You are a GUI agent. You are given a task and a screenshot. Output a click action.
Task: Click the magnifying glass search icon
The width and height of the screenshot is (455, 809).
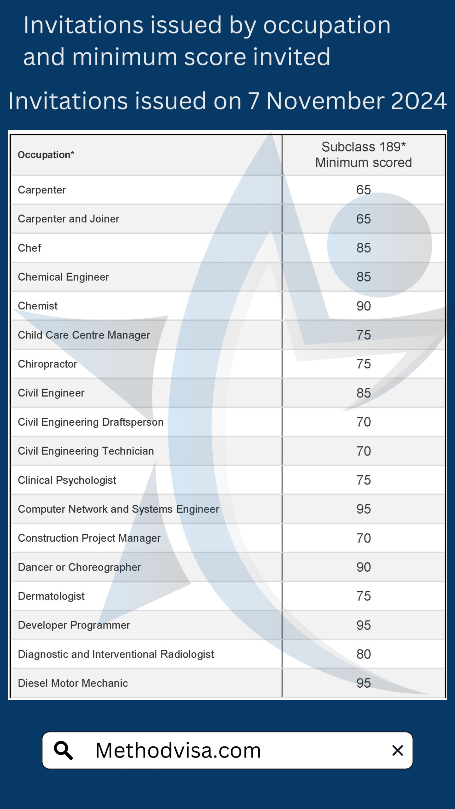(x=64, y=750)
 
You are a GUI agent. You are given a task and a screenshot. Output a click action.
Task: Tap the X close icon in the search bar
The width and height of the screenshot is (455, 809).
(x=397, y=750)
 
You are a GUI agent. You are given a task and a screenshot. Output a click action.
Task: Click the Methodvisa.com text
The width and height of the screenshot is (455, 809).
(x=178, y=750)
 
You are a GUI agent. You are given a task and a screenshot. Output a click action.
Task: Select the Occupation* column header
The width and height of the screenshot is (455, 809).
(x=46, y=155)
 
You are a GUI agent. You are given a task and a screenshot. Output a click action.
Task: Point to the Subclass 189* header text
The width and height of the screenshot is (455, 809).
(x=363, y=147)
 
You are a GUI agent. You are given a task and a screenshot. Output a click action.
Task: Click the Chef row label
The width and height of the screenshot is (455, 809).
(x=29, y=248)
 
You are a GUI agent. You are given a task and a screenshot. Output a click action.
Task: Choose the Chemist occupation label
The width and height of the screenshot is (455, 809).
(x=38, y=306)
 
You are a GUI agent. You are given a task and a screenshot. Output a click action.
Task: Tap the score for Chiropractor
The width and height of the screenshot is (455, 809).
(x=363, y=364)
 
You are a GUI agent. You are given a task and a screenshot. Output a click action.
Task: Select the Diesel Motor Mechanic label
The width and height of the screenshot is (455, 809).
(x=73, y=683)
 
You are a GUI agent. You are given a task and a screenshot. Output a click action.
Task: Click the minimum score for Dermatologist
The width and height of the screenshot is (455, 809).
(x=363, y=596)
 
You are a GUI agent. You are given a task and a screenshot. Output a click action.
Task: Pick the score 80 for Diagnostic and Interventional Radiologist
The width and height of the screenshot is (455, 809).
(x=363, y=654)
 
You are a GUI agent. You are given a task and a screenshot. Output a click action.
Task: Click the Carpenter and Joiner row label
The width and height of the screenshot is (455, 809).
(x=69, y=219)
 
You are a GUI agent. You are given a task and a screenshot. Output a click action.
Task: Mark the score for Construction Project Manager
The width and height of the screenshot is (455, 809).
(x=363, y=538)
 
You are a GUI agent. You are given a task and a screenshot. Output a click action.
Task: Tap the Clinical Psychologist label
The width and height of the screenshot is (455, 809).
(x=67, y=480)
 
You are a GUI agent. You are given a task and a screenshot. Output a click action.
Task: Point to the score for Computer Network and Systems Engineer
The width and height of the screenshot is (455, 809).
(x=363, y=509)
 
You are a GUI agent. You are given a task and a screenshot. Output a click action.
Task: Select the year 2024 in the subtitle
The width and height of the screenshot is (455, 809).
(x=419, y=101)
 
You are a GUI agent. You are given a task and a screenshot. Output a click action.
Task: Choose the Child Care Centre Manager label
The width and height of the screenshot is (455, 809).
(x=84, y=335)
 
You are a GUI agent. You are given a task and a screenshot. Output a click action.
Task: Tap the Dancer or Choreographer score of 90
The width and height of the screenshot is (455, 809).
(x=363, y=567)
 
